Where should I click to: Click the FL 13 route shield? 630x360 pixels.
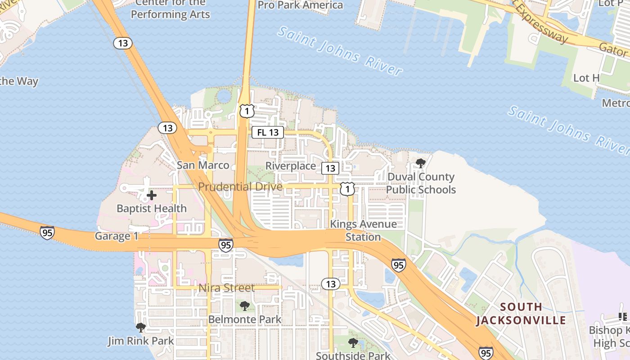click(267, 132)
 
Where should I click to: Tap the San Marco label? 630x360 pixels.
click(202, 165)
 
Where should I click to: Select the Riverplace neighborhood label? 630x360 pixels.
click(291, 166)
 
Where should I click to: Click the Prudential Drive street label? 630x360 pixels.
click(240, 187)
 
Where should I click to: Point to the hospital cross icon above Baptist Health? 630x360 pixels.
click(152, 195)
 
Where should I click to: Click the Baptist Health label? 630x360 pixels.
click(152, 208)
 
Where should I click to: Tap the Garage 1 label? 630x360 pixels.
click(117, 236)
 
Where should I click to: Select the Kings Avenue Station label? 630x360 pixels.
click(364, 230)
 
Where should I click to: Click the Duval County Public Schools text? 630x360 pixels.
click(421, 183)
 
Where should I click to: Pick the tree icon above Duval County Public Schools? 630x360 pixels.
click(421, 163)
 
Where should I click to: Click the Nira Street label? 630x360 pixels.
click(227, 288)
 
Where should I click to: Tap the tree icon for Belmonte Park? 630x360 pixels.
click(245, 306)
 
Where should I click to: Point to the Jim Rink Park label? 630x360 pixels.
click(141, 341)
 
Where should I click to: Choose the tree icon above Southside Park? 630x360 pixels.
click(353, 343)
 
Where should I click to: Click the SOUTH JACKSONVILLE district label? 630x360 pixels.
click(521, 314)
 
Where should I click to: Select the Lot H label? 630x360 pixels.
click(586, 78)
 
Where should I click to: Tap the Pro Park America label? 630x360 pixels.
click(300, 5)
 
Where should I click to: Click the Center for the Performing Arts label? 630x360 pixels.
click(171, 9)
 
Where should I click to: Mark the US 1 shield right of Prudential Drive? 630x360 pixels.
click(347, 189)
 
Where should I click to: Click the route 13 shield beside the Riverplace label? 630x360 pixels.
click(330, 168)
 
